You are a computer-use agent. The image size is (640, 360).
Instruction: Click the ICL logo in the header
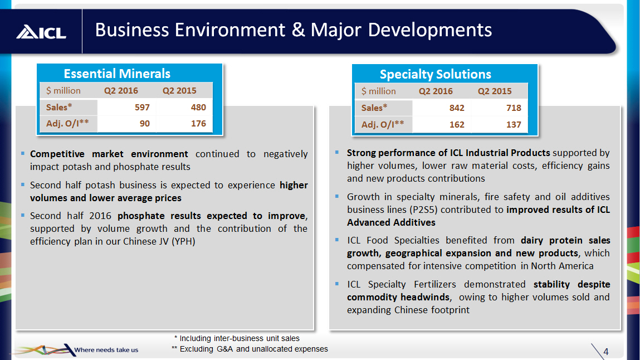41,32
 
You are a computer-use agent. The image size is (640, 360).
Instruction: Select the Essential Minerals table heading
117,74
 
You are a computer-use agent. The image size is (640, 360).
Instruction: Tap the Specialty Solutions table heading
435,74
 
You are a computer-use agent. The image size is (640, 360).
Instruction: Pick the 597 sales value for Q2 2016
142,108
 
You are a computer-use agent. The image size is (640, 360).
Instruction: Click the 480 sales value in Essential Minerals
198,108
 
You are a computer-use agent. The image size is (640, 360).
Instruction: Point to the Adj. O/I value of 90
145,124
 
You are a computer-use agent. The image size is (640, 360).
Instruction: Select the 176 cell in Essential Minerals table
198,124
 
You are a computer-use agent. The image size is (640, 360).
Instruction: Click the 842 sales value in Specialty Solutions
457,108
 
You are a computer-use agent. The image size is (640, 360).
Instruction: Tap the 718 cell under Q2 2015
513,108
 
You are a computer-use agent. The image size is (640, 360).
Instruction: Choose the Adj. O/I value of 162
457,125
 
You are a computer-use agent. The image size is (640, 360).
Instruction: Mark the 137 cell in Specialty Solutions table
513,125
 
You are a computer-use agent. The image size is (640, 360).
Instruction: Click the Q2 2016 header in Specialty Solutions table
436,91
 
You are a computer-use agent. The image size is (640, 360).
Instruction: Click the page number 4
605,351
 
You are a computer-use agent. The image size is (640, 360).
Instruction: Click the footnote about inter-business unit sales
237,338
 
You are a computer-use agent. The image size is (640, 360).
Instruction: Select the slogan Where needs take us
106,350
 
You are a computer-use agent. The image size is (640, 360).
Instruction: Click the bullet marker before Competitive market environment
22,153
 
